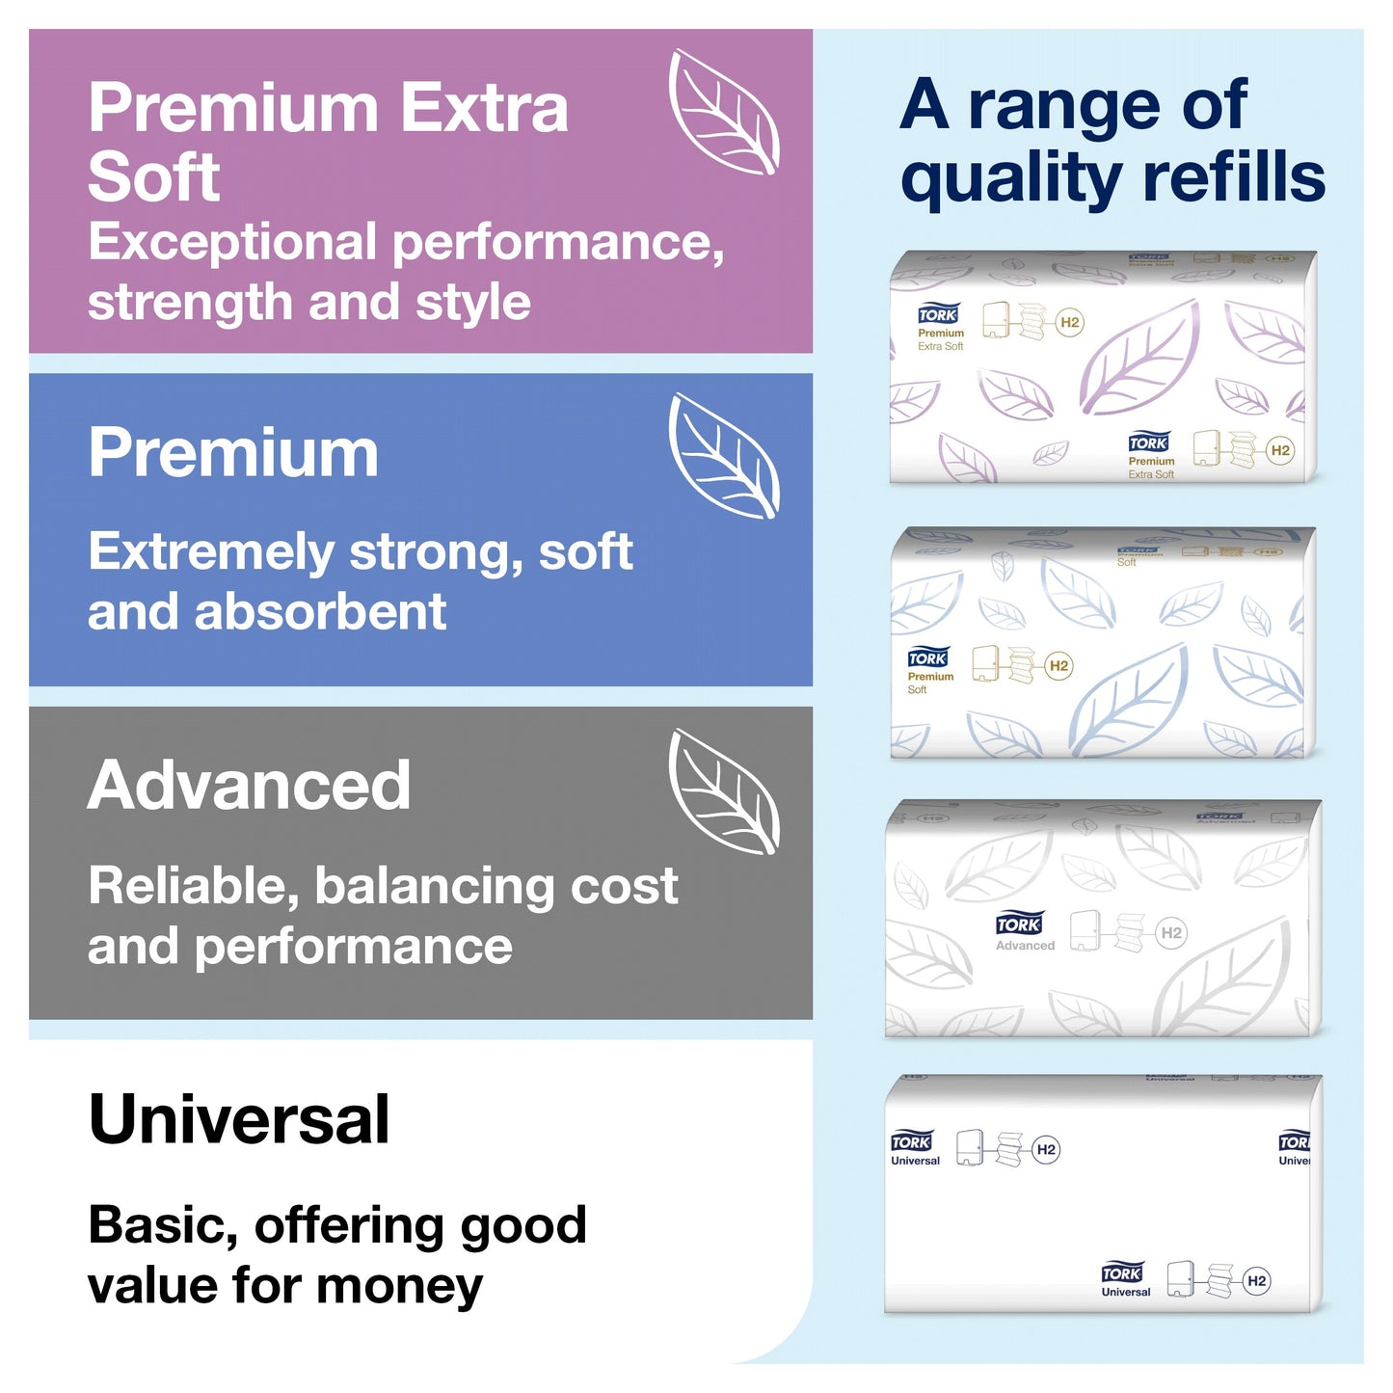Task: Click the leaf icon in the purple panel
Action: point(724,113)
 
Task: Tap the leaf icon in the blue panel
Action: point(724,456)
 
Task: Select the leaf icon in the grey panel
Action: point(724,791)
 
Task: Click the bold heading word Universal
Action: point(239,1120)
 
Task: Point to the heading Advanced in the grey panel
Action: point(250,786)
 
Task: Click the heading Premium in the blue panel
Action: point(233,452)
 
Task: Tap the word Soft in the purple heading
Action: point(154,177)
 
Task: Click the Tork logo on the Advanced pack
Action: point(1019,924)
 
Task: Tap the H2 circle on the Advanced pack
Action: point(1171,932)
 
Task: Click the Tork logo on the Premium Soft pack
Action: point(927,657)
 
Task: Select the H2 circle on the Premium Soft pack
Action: point(1058,665)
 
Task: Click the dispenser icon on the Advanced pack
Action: point(1085,929)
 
